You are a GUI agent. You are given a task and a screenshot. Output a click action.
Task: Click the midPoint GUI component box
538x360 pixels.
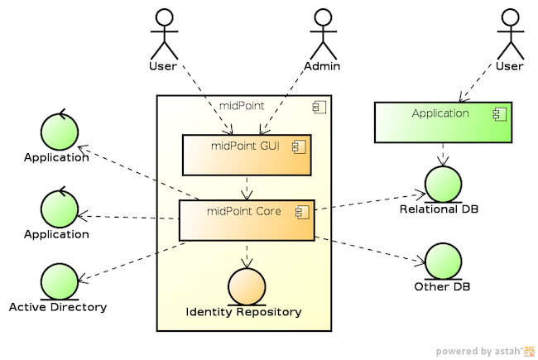pos(247,155)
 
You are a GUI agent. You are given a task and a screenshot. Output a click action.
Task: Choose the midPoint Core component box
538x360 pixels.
pos(247,220)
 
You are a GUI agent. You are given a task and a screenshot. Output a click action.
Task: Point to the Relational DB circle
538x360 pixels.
pos(442,184)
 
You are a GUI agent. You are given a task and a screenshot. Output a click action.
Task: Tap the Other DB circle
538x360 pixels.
pos(442,262)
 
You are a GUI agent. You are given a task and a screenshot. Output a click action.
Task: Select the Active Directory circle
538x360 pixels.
pos(58,281)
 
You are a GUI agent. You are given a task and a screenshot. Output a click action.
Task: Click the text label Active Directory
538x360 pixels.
pos(58,307)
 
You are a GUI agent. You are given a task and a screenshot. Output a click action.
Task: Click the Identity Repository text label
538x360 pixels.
pos(244,312)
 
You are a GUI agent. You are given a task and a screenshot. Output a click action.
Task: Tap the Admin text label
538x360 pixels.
pos(324,65)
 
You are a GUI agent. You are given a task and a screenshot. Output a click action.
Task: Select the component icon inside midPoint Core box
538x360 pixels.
pos(300,212)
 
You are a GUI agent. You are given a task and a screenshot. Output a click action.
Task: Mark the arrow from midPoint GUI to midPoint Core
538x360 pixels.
pos(247,188)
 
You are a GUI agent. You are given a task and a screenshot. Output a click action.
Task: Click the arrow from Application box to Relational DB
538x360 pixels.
pos(444,154)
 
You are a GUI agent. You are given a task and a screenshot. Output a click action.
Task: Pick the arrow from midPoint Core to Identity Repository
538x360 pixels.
pos(246,254)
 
